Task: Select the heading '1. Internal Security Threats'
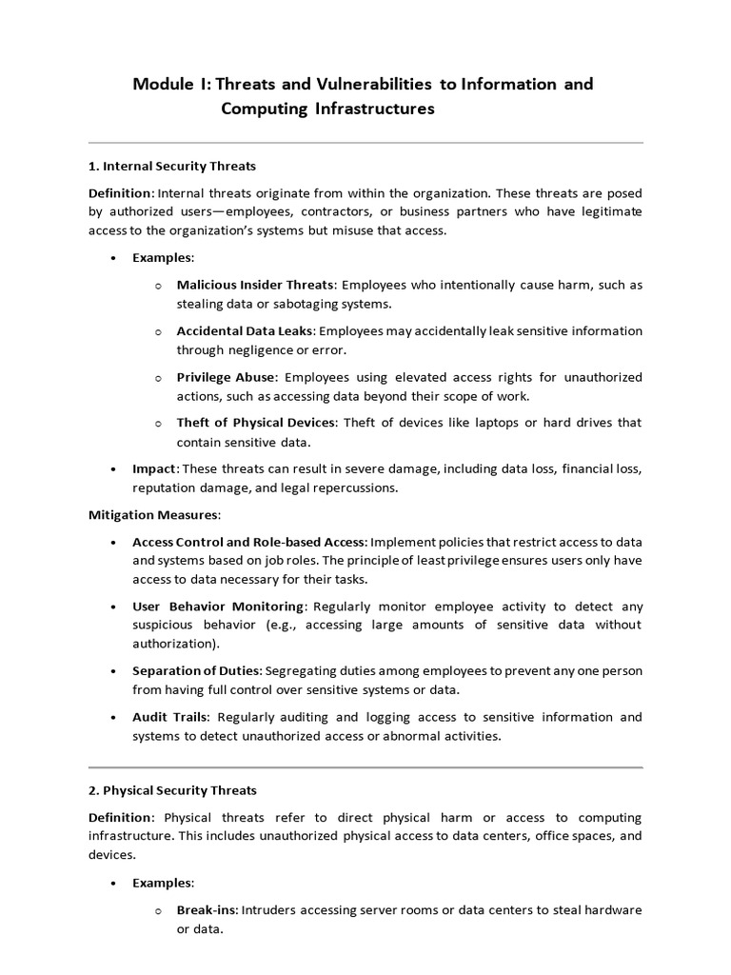tap(172, 166)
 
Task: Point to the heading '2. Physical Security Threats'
tap(172, 790)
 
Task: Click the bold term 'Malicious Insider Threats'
tap(255, 285)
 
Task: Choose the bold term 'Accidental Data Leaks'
tap(245, 330)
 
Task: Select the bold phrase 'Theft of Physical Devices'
tap(255, 423)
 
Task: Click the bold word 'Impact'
tap(154, 468)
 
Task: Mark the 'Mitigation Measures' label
tap(153, 515)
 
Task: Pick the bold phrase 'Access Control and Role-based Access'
tap(248, 542)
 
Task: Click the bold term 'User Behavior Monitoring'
tap(219, 606)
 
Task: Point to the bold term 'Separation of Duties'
tap(196, 670)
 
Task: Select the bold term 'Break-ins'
tap(206, 910)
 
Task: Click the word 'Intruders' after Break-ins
tap(270, 910)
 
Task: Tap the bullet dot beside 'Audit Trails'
tap(114, 717)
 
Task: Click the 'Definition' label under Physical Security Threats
tap(120, 818)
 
